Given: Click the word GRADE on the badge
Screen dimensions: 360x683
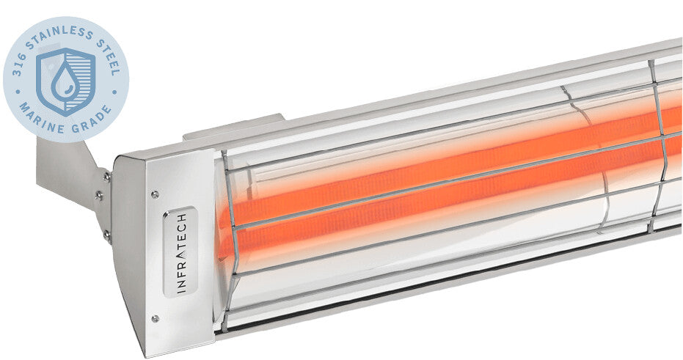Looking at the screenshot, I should point(94,117).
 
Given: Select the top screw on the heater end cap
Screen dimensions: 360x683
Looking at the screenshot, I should point(155,194).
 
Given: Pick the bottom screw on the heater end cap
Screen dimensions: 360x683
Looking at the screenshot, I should point(155,317).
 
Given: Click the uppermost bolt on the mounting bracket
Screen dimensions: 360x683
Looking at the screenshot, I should point(107,176).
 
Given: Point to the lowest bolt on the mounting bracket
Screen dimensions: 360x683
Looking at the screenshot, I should point(107,235).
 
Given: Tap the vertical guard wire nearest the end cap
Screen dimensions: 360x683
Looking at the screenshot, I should point(234,242).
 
